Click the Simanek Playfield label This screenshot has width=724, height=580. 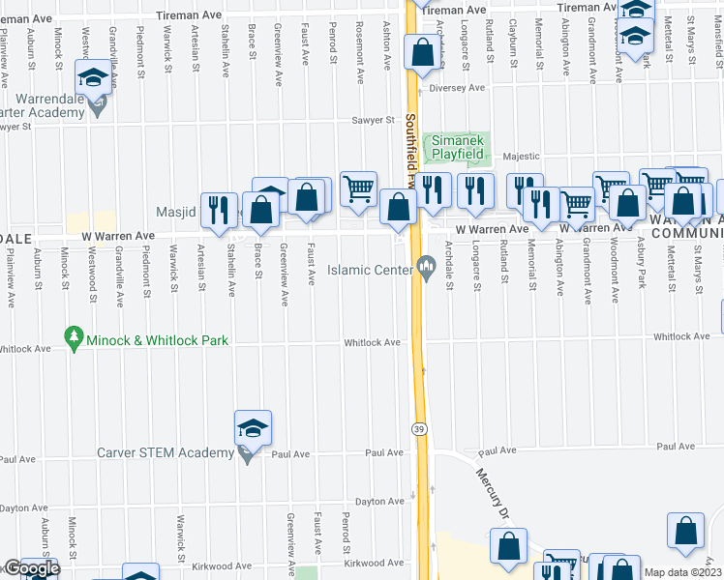pyautogui.click(x=462, y=146)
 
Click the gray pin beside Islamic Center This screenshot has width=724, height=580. pyautogui.click(x=426, y=268)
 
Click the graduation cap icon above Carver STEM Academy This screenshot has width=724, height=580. pyautogui.click(x=253, y=428)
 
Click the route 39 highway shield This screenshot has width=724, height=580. pyautogui.click(x=419, y=429)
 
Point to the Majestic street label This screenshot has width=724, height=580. pyautogui.click(x=521, y=156)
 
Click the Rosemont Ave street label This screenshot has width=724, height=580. pyautogui.click(x=359, y=44)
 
